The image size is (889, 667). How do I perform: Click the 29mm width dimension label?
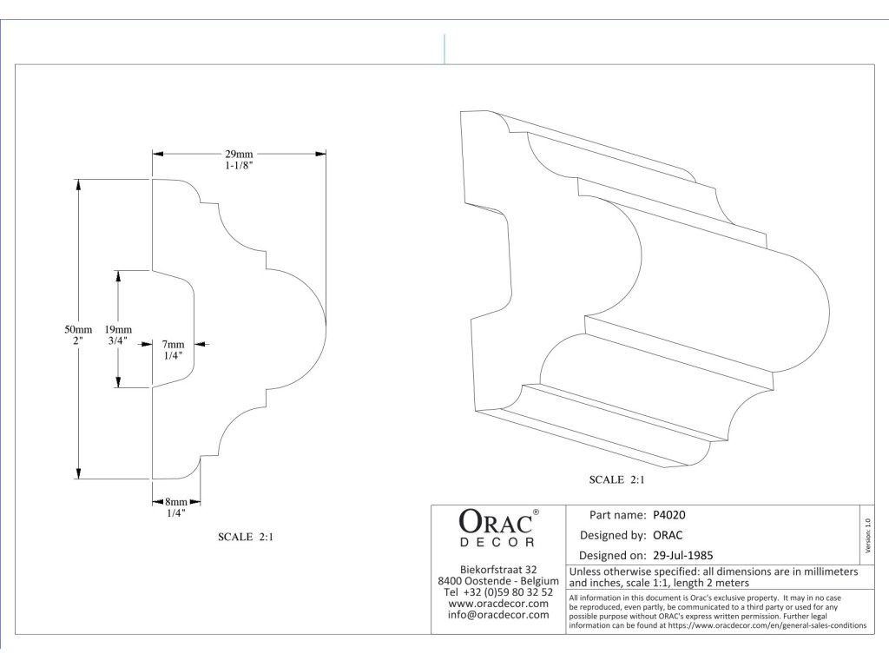tap(239, 154)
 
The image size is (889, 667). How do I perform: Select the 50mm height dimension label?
tap(77, 329)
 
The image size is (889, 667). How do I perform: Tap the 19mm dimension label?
tap(118, 329)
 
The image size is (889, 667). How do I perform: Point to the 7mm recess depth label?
tap(173, 344)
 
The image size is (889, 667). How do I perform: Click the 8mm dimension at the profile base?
tap(175, 502)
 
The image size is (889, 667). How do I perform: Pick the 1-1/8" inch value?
tap(239, 166)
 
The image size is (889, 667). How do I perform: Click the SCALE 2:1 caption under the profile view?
tap(246, 537)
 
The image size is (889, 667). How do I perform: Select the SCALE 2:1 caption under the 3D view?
tap(617, 479)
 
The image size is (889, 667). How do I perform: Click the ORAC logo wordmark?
tap(496, 521)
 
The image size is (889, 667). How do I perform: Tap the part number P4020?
tap(669, 515)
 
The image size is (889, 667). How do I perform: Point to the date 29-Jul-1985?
tap(682, 555)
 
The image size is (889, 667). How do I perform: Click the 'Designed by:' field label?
tap(613, 535)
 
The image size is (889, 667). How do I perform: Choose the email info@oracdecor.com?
tap(498, 615)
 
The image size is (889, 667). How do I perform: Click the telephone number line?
tap(498, 592)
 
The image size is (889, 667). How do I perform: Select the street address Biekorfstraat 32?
tap(498, 570)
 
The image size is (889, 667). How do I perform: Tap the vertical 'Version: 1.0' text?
tap(867, 535)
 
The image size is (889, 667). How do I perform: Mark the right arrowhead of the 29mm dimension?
tap(320, 154)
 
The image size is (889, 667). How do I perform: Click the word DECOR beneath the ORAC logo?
tap(497, 543)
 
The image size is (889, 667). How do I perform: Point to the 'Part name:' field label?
tap(617, 515)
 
